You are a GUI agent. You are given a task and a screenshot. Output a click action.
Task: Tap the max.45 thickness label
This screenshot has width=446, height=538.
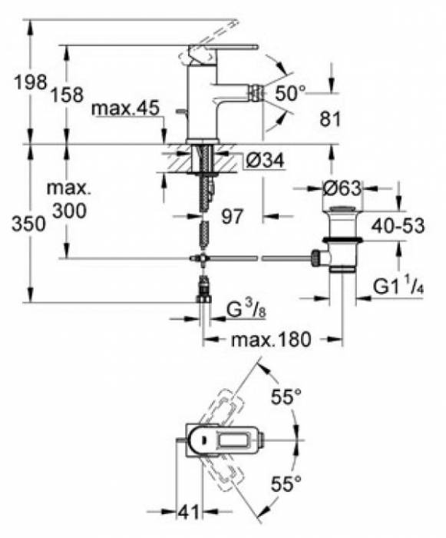[125, 109]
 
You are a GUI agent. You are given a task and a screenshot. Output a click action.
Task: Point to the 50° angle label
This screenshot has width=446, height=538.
[289, 92]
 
